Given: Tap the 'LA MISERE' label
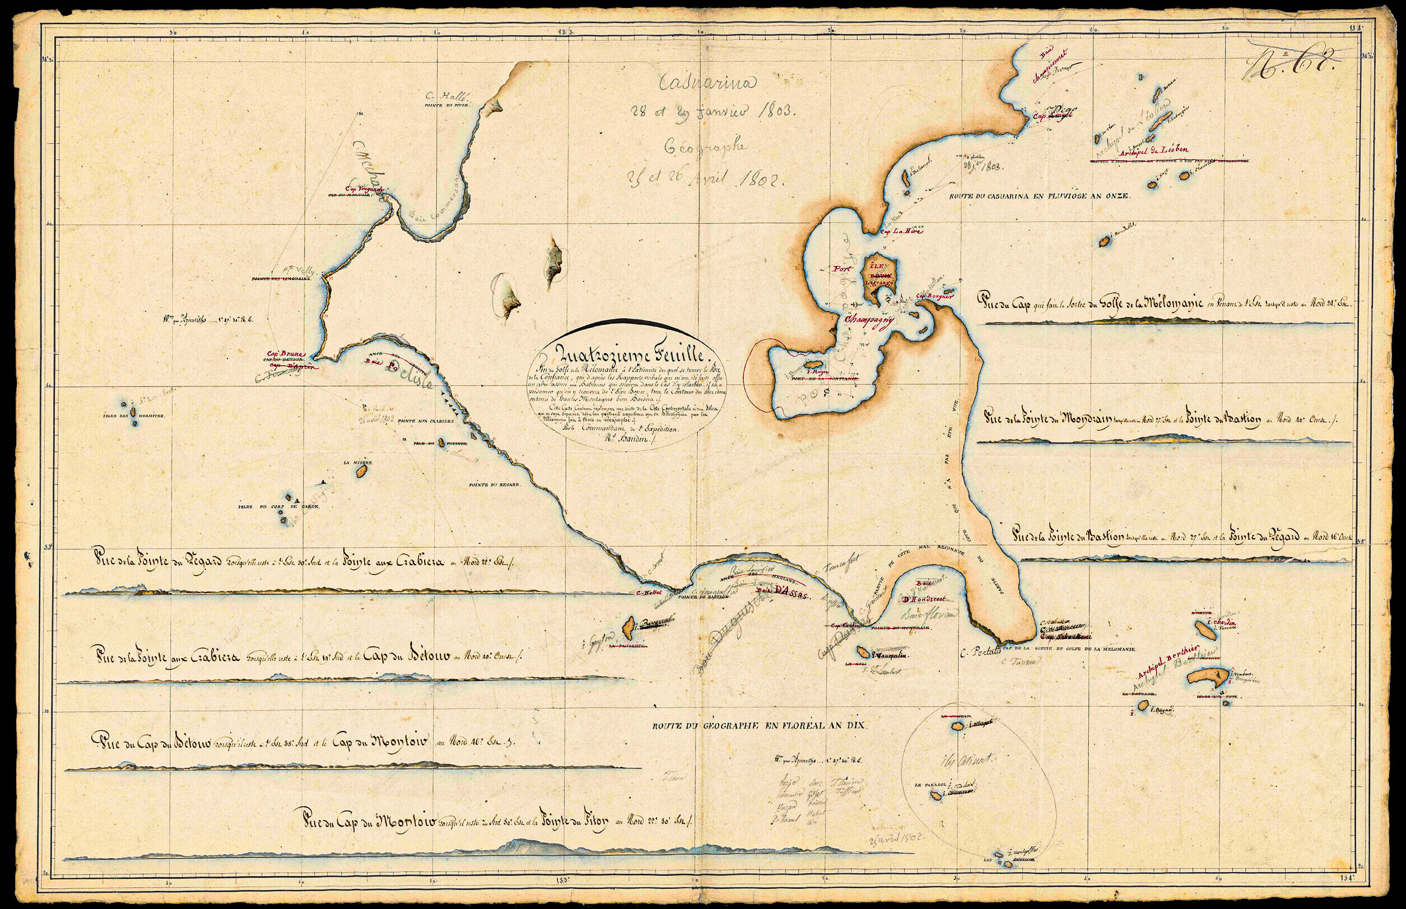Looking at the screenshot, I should coord(362,463).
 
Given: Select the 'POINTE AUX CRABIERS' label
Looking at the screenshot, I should coord(426,421).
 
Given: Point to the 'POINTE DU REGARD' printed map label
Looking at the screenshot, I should coord(494,485).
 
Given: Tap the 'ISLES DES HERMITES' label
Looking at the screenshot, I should coord(133,416).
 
